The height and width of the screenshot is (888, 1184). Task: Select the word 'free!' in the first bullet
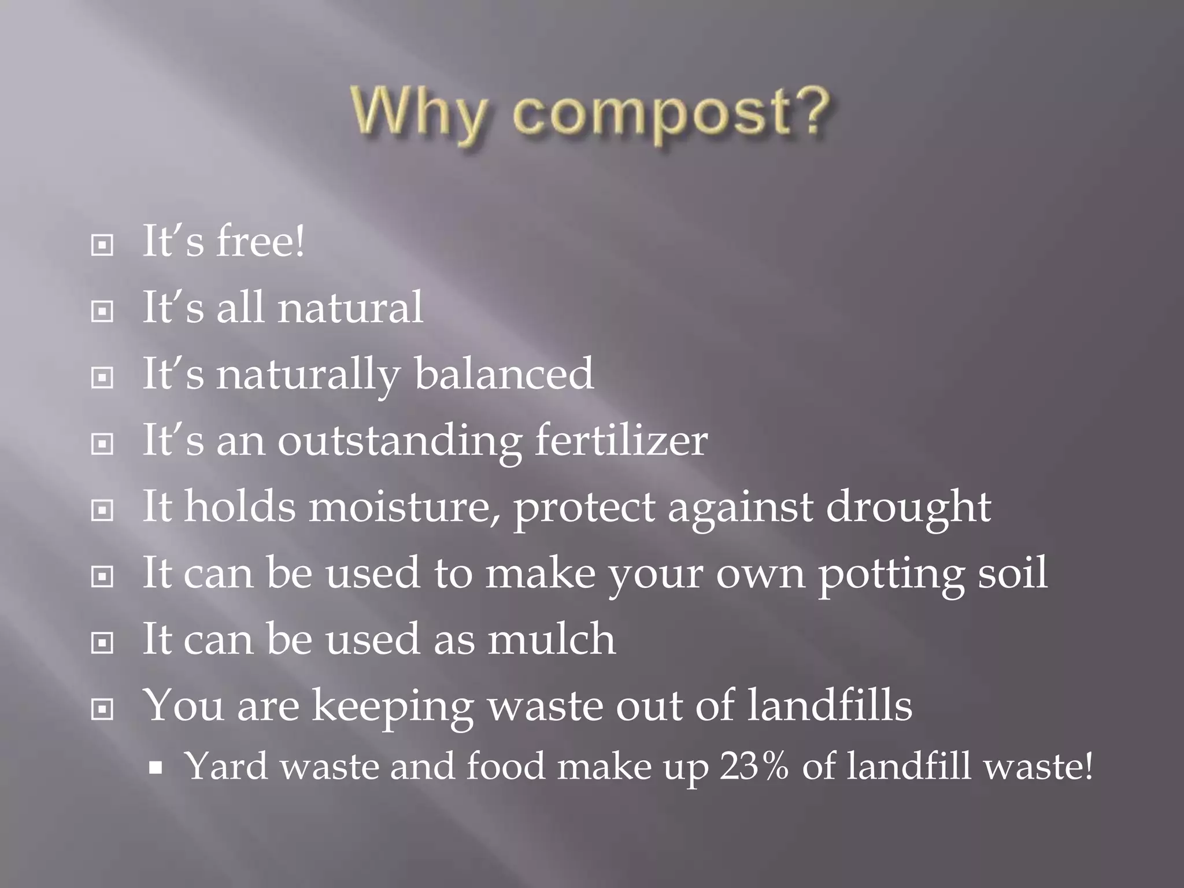260,242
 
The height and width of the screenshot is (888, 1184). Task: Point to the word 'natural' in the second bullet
350,308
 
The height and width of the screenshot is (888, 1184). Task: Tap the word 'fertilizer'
621,441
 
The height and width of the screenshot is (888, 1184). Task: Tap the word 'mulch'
552,639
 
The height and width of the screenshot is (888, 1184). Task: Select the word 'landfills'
829,706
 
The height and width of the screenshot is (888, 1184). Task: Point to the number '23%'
754,767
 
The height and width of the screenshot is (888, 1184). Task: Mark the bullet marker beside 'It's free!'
102,246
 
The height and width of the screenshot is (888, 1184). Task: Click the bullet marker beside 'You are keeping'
102,709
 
